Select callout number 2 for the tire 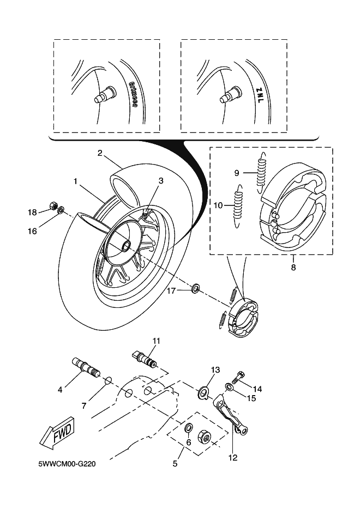(101, 153)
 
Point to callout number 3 (161, 180)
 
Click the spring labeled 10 (237, 206)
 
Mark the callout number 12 (233, 458)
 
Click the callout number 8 (293, 268)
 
